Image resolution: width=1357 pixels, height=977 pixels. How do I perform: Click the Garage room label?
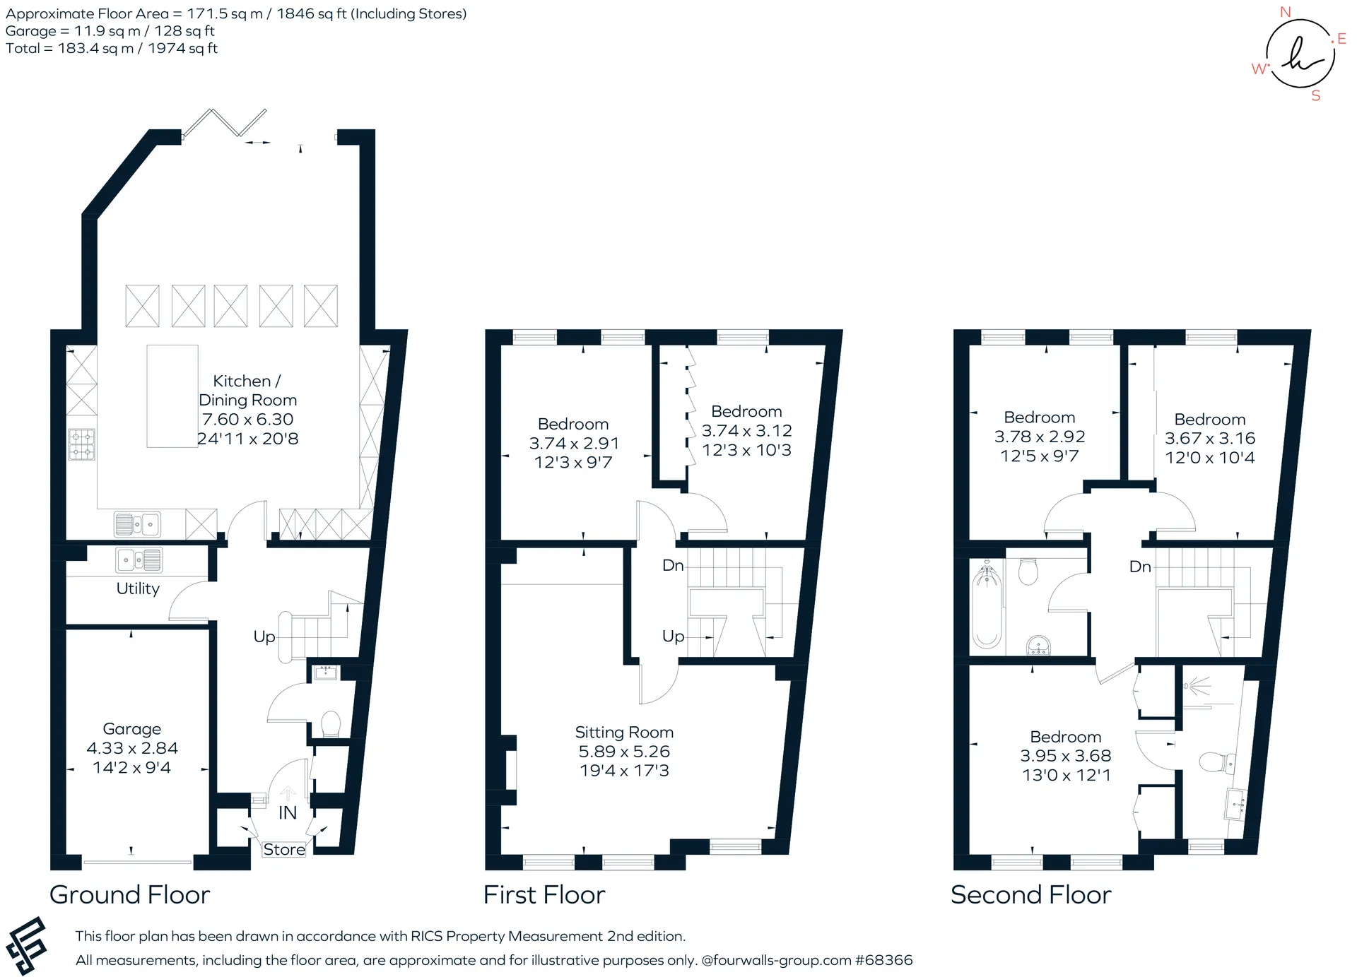(132, 728)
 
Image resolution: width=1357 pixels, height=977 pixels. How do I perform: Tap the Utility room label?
(138, 588)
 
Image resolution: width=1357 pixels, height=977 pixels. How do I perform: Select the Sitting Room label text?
(624, 733)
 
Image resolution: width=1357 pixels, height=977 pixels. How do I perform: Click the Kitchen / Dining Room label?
(247, 391)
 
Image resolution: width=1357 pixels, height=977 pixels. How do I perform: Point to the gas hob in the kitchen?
(81, 444)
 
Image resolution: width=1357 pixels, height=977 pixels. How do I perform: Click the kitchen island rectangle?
(172, 396)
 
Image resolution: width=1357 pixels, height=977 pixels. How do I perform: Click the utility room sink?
(139, 560)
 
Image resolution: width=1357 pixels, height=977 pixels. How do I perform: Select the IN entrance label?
(288, 813)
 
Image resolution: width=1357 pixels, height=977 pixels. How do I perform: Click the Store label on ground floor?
(284, 850)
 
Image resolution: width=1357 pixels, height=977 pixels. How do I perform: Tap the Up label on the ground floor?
(264, 636)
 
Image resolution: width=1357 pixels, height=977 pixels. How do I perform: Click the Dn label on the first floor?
(673, 565)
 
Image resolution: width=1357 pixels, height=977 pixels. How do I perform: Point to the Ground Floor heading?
(130, 895)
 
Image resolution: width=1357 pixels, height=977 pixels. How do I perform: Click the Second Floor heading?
(1031, 895)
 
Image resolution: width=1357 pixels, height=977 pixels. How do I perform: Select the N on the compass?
(1286, 12)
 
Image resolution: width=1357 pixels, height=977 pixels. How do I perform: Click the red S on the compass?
(1316, 95)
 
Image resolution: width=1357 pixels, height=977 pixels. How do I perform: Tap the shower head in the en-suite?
(1196, 685)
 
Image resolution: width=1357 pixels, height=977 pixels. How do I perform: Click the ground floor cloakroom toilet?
(331, 724)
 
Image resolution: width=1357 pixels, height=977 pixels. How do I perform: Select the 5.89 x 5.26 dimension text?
(624, 752)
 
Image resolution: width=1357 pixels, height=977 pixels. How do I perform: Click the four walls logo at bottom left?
(26, 946)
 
